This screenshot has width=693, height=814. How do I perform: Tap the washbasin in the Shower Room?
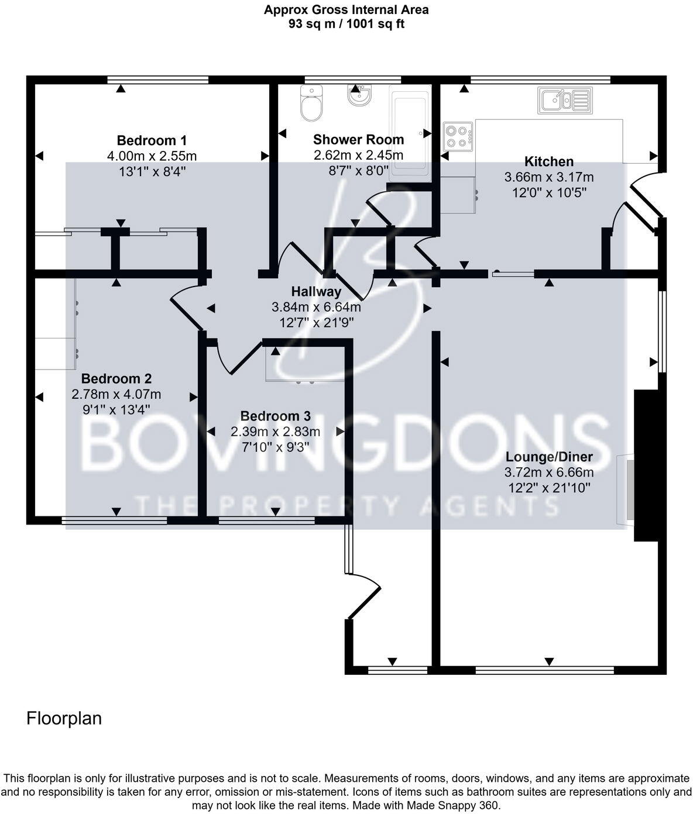pyautogui.click(x=359, y=95)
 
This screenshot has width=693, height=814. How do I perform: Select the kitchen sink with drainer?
pyautogui.click(x=564, y=100)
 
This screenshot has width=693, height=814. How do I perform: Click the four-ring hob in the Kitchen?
pyautogui.click(x=458, y=136)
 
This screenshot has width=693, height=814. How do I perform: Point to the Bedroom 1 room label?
pyautogui.click(x=152, y=140)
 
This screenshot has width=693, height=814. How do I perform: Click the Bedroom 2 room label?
pyautogui.click(x=116, y=378)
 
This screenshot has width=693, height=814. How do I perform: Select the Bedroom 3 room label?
pyautogui.click(x=275, y=416)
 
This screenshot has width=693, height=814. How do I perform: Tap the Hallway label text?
pyautogui.click(x=316, y=291)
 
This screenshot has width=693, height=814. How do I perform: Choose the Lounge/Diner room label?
pyautogui.click(x=549, y=457)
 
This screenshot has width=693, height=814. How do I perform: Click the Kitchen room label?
pyautogui.click(x=548, y=161)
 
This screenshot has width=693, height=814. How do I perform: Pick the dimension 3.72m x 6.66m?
pyautogui.click(x=549, y=472)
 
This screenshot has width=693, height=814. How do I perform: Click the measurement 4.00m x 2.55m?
pyautogui.click(x=152, y=156)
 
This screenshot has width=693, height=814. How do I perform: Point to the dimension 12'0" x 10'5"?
pyautogui.click(x=548, y=192)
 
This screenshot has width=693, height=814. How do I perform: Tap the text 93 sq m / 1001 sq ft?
pyautogui.click(x=346, y=24)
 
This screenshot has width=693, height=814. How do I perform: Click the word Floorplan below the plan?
pyautogui.click(x=64, y=718)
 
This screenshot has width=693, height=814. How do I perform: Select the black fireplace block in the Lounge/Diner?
pyautogui.click(x=646, y=465)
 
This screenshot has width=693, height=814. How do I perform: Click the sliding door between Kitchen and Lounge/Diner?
pyautogui.click(x=513, y=273)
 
